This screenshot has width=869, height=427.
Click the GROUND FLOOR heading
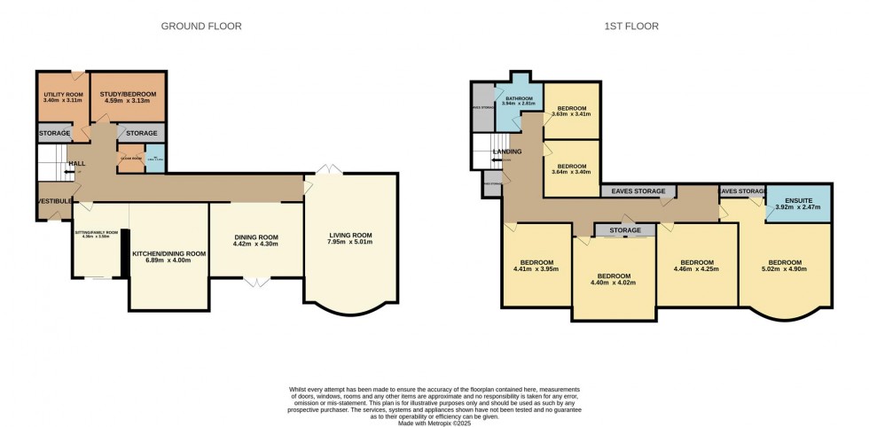pyautogui.click(x=200, y=27)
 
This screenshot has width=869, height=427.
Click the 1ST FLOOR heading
pyautogui.click(x=632, y=27)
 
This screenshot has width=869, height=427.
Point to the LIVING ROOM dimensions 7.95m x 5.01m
pyautogui.click(x=348, y=243)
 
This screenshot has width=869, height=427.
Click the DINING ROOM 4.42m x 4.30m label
pyautogui.click(x=256, y=244)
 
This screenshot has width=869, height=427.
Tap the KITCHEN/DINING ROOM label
pyautogui.click(x=168, y=258)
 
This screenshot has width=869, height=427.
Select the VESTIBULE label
pyautogui.click(x=54, y=202)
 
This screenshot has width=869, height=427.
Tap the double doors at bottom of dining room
pyautogui.click(x=256, y=283)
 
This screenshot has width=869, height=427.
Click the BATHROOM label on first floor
pyautogui.click(x=519, y=100)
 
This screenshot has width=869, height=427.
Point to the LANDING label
pyautogui.click(x=507, y=151)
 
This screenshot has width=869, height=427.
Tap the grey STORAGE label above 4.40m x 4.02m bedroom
pyautogui.click(x=625, y=230)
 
